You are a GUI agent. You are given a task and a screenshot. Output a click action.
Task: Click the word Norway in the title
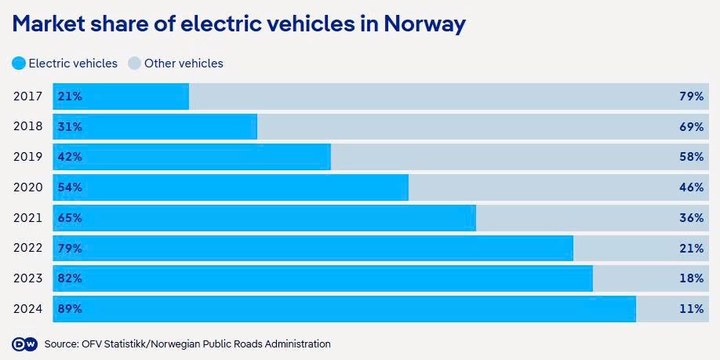coord(424,24)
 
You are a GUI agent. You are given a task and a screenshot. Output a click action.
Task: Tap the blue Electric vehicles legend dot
coord(19,64)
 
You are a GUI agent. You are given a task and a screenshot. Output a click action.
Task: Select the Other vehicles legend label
coord(184,64)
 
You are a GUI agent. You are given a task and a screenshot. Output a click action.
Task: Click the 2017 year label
coord(27,96)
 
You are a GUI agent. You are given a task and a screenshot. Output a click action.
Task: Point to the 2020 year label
coord(27,187)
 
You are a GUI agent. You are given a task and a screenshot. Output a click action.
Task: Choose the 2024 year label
coord(27,309)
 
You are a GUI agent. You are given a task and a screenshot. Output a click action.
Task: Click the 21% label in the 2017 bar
coord(70,96)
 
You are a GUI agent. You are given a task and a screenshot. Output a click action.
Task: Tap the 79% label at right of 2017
coord(691,96)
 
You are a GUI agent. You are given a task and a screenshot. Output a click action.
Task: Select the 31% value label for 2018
coord(70,127)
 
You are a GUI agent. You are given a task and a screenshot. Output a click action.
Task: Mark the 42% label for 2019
coord(70,157)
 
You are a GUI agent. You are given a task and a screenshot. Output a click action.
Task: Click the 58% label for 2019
coord(691,157)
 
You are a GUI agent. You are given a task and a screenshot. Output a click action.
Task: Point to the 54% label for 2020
coord(70,187)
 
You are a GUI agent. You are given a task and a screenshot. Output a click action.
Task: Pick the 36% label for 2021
coord(691,218)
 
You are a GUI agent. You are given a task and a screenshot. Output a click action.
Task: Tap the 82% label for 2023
coord(70,278)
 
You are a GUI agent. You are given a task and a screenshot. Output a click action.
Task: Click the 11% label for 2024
coord(691,309)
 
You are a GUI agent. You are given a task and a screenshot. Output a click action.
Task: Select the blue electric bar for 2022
coord(314,249)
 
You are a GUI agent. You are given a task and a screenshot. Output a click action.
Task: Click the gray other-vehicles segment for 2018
coord(471,127)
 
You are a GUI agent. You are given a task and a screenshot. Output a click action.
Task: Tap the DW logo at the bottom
coord(24,344)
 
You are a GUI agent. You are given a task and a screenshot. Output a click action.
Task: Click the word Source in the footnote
coord(61,344)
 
